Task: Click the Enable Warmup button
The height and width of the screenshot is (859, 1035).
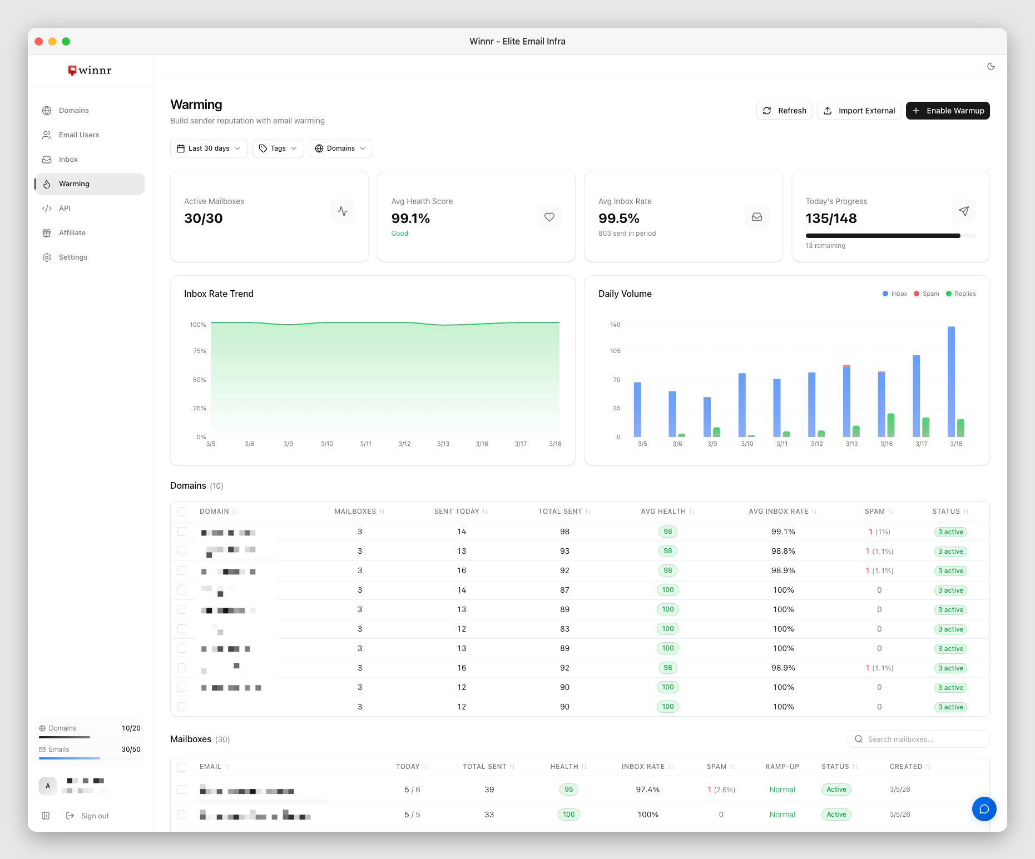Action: (947, 111)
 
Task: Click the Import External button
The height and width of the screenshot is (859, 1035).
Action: (859, 111)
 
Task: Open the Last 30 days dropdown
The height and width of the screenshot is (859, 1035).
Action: (209, 148)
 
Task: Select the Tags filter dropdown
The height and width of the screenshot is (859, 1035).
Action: (278, 148)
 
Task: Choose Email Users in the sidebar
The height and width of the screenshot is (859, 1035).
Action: (78, 135)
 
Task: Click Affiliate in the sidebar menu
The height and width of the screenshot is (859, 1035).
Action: (72, 233)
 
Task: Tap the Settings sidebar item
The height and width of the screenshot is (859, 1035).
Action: (73, 257)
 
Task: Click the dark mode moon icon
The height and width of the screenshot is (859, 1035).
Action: (991, 66)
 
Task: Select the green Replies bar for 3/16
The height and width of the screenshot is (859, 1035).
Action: (890, 425)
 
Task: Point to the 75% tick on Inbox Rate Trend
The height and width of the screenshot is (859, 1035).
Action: (199, 351)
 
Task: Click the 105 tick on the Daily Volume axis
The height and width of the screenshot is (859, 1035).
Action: (615, 351)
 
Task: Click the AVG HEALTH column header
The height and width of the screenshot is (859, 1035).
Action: (663, 512)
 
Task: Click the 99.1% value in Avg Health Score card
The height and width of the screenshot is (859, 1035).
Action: (410, 219)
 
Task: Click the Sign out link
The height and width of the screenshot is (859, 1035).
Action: (94, 816)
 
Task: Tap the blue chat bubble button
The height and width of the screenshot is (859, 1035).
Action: (984, 809)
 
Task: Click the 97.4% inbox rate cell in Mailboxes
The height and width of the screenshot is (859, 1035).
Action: (647, 790)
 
